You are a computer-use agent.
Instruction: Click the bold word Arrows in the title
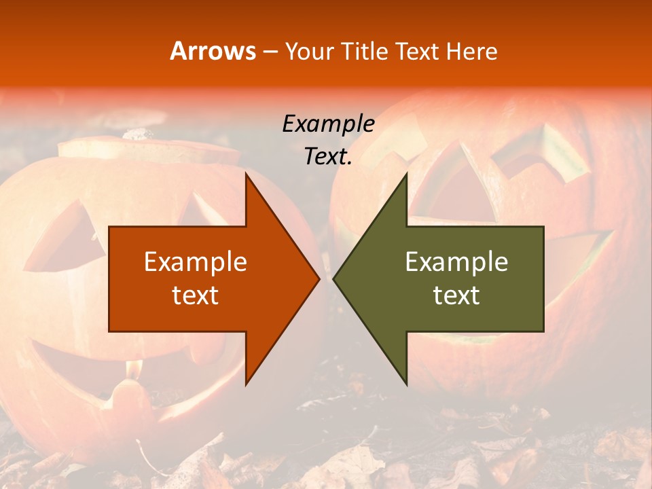click(213, 51)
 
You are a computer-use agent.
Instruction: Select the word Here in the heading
click(472, 51)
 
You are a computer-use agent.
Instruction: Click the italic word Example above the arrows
click(328, 124)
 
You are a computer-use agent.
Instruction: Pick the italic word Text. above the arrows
click(328, 156)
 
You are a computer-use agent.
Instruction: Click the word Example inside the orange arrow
click(196, 262)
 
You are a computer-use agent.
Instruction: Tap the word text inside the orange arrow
click(196, 295)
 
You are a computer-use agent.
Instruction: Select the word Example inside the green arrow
click(456, 262)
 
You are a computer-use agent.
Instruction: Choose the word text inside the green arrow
click(456, 295)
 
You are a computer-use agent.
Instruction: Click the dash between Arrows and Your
click(270, 52)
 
